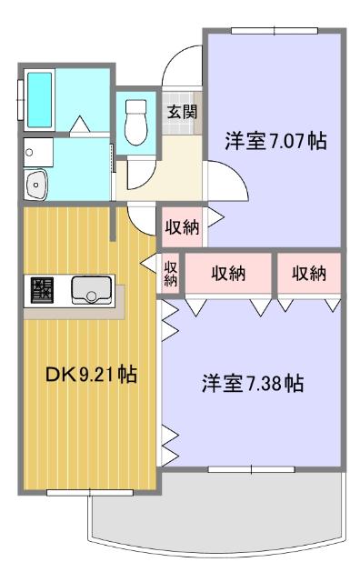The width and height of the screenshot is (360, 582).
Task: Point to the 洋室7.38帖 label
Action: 253,384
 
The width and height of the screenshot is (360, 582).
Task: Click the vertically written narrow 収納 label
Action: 171,274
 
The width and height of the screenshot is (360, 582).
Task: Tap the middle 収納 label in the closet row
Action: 230,274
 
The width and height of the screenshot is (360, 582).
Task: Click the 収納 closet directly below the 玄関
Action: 182,227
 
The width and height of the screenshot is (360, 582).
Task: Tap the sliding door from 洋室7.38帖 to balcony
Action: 251,470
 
